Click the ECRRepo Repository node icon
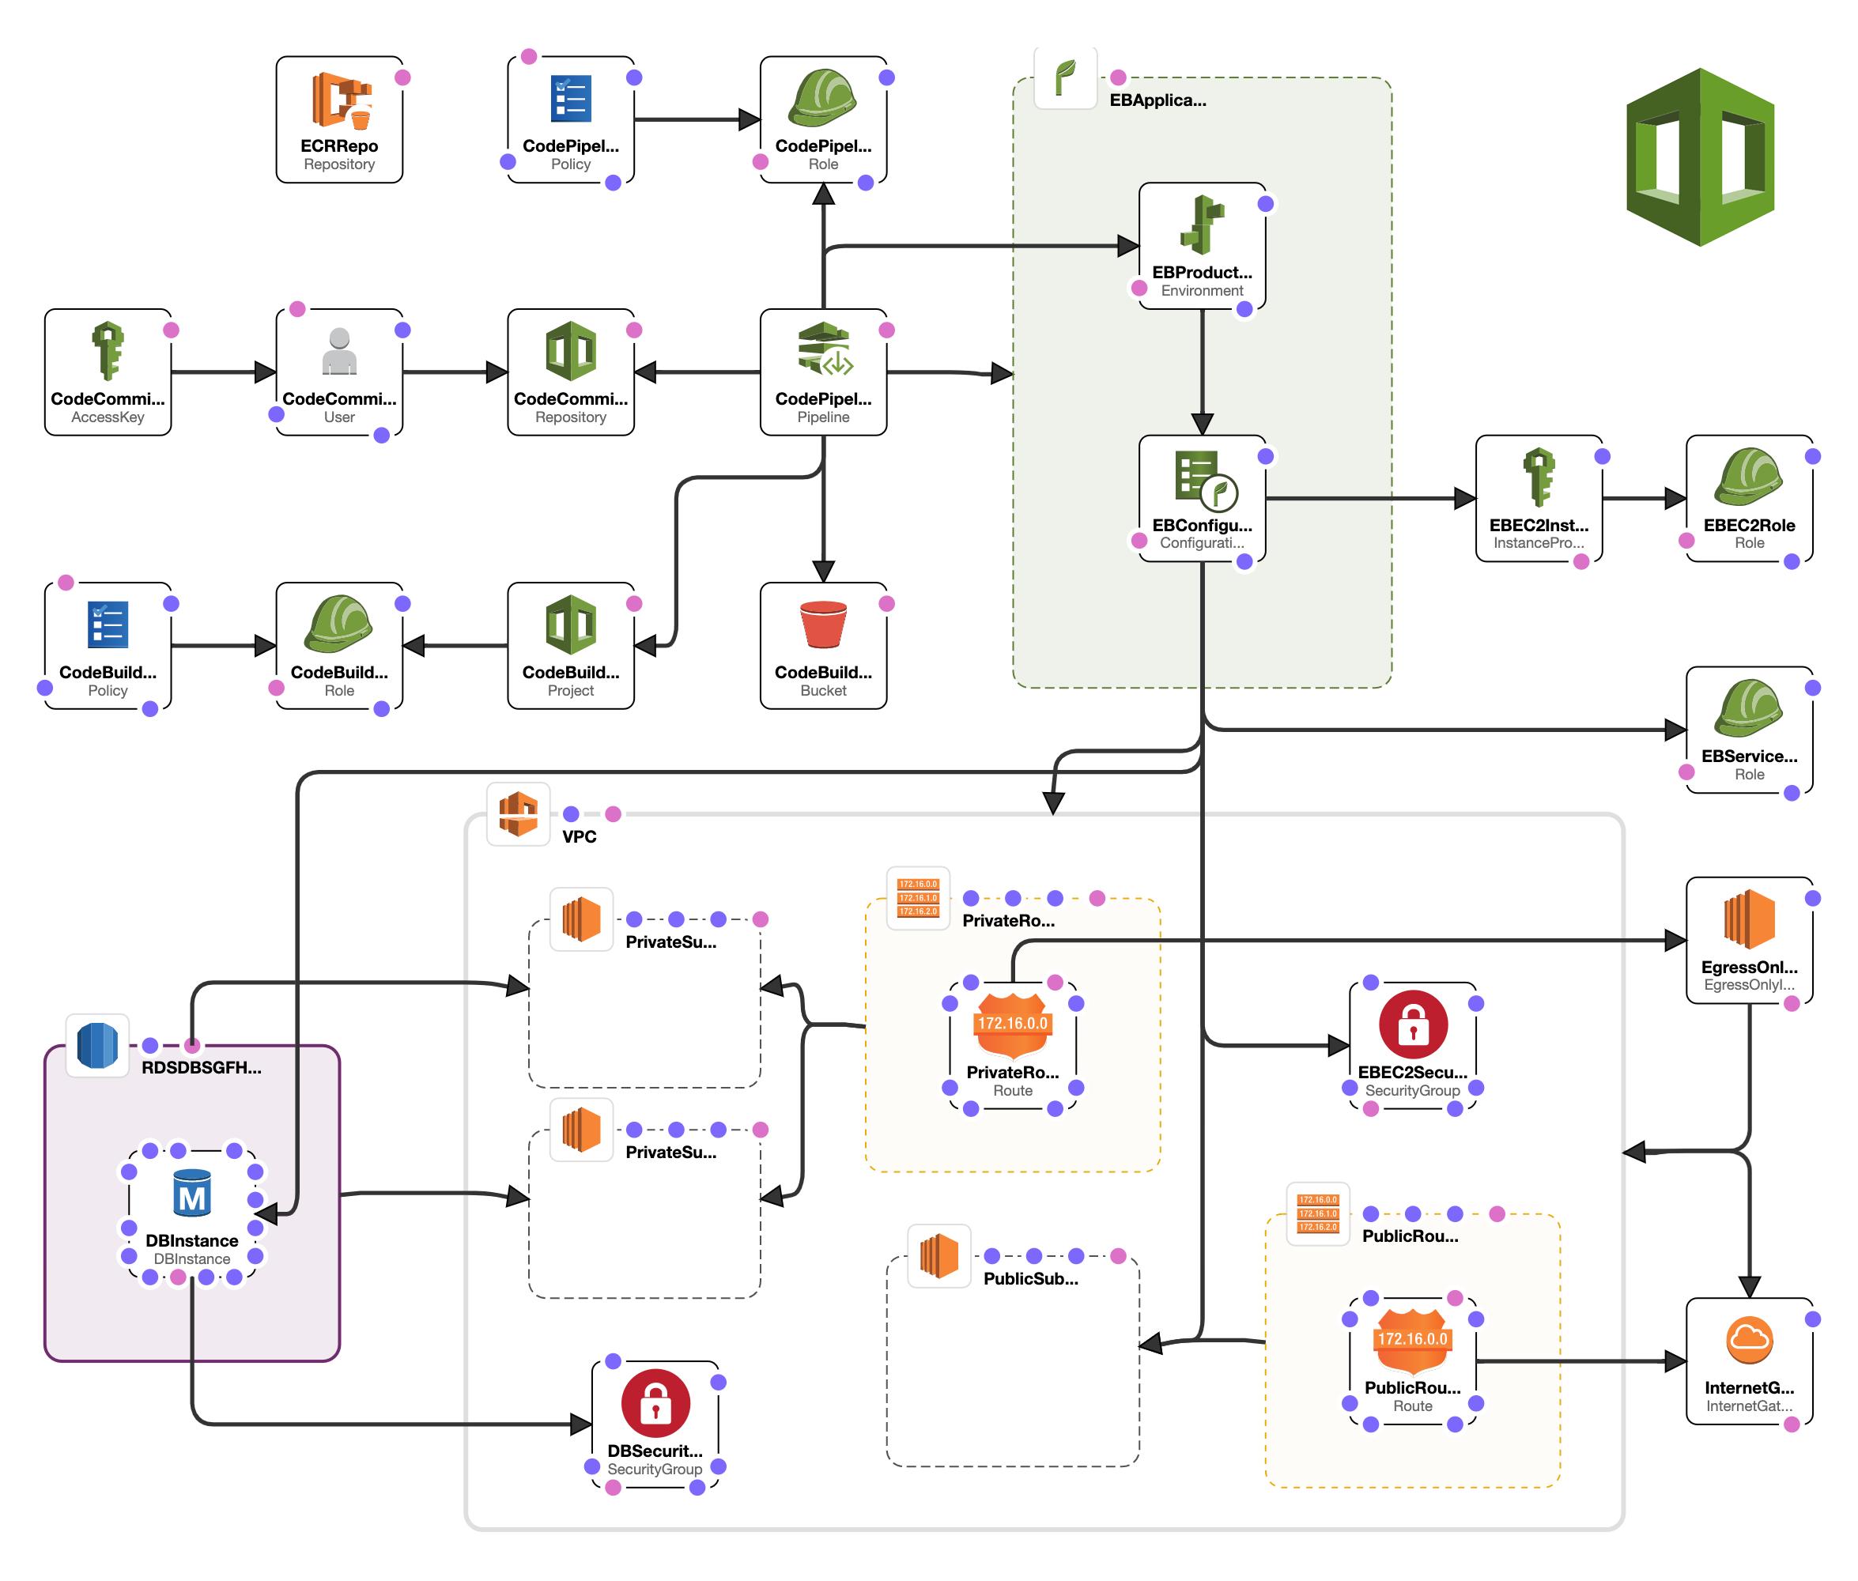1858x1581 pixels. click(x=341, y=100)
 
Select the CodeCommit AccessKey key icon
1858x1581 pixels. click(x=108, y=350)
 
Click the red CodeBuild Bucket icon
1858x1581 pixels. click(x=822, y=624)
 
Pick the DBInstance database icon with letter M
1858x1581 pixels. click(x=192, y=1193)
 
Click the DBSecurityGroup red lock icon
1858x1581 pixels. click(x=655, y=1402)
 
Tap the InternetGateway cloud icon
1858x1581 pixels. click(x=1748, y=1339)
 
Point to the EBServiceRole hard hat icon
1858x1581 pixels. click(x=1748, y=707)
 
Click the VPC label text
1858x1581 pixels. click(x=578, y=836)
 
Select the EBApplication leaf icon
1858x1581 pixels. click(x=1065, y=78)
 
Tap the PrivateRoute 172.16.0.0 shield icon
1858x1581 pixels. click(x=1012, y=1024)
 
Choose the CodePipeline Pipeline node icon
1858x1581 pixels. click(x=824, y=350)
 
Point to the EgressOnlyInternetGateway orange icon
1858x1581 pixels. click(x=1748, y=919)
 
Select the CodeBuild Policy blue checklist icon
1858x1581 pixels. click(x=108, y=624)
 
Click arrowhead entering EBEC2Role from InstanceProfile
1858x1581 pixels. click(x=1675, y=498)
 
